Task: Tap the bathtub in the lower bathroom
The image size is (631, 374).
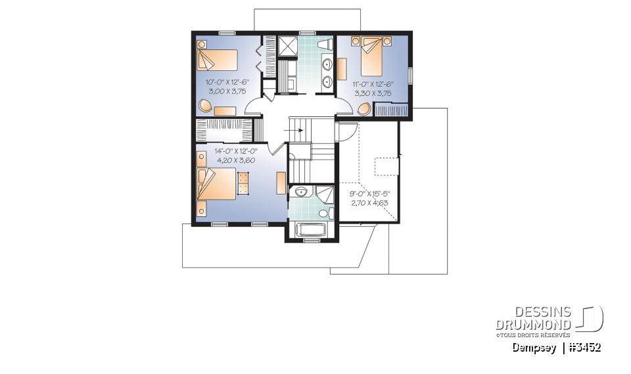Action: click(312, 230)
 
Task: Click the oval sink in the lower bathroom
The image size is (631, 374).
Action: click(300, 192)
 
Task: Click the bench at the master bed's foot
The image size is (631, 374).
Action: click(244, 183)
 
